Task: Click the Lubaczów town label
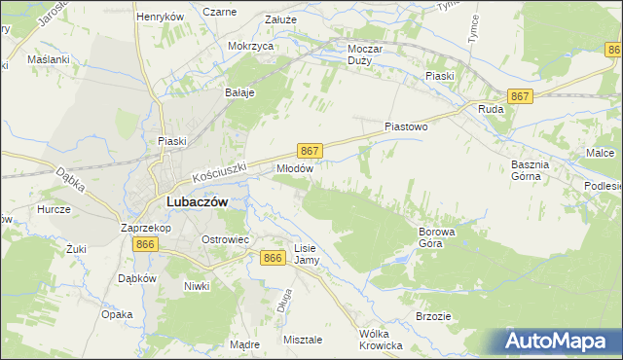[197, 201]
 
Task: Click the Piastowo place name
[406, 126]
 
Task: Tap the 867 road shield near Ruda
[520, 96]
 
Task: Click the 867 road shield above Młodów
[309, 151]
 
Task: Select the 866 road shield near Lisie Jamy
[274, 257]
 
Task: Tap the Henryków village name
[161, 17]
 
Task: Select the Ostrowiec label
[226, 239]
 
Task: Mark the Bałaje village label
[239, 92]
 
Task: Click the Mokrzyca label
[249, 46]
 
